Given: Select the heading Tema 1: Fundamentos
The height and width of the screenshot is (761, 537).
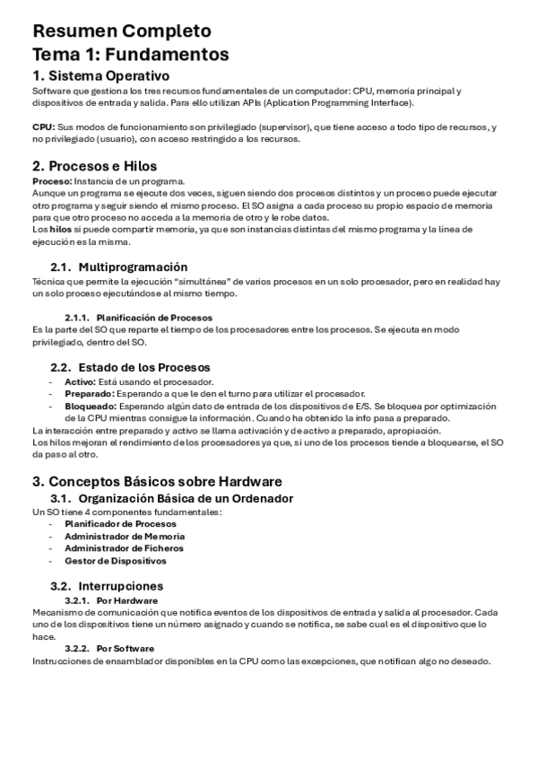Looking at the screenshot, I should pyautogui.click(x=130, y=54).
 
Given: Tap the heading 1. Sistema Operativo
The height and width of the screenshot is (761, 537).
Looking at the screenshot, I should pyautogui.click(x=101, y=75).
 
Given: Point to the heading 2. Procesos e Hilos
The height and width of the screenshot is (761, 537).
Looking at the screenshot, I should pyautogui.click(x=94, y=166).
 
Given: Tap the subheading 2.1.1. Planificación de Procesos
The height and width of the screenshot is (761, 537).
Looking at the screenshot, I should pyautogui.click(x=138, y=318).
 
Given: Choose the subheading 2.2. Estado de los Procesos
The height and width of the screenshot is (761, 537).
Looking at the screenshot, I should pyautogui.click(x=130, y=367).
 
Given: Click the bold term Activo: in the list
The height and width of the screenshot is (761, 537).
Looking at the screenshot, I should pyautogui.click(x=80, y=381).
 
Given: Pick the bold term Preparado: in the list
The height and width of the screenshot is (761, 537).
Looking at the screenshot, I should pyautogui.click(x=87, y=393).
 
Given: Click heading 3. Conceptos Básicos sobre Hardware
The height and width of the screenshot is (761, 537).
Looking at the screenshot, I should pyautogui.click(x=157, y=481).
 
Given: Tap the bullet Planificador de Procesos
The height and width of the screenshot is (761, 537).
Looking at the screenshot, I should pyautogui.click(x=120, y=523).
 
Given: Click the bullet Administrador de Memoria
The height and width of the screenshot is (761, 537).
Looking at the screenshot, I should pyautogui.click(x=125, y=536).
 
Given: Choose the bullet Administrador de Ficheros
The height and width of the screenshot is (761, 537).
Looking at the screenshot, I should pyautogui.click(x=124, y=548).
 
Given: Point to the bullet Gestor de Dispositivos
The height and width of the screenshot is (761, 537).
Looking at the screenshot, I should pyautogui.click(x=116, y=561).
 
